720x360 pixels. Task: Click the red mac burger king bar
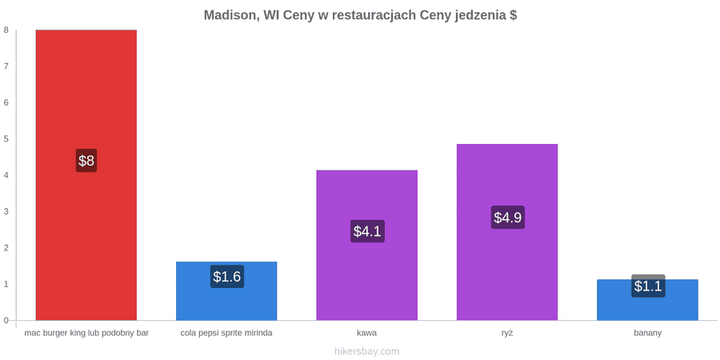click(86, 175)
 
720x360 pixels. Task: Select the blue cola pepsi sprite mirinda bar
click(226, 290)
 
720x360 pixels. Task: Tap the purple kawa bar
click(367, 246)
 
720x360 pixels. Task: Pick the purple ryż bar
click(507, 232)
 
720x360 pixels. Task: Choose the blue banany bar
click(647, 300)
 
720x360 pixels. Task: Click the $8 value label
click(86, 161)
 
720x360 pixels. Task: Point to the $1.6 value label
click(227, 277)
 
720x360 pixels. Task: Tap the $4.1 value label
click(367, 231)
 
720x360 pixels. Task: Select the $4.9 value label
click(507, 217)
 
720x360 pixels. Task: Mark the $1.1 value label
click(648, 286)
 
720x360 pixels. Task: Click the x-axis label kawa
click(367, 333)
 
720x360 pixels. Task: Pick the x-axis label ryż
click(507, 334)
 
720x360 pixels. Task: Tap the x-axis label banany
click(647, 334)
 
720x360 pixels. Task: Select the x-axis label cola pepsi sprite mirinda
click(226, 334)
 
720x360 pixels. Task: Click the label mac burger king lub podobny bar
click(86, 334)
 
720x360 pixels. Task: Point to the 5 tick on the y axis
click(6, 138)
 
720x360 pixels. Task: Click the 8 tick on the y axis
click(6, 30)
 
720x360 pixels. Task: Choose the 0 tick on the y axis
click(6, 321)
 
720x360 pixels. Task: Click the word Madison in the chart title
click(230, 15)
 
